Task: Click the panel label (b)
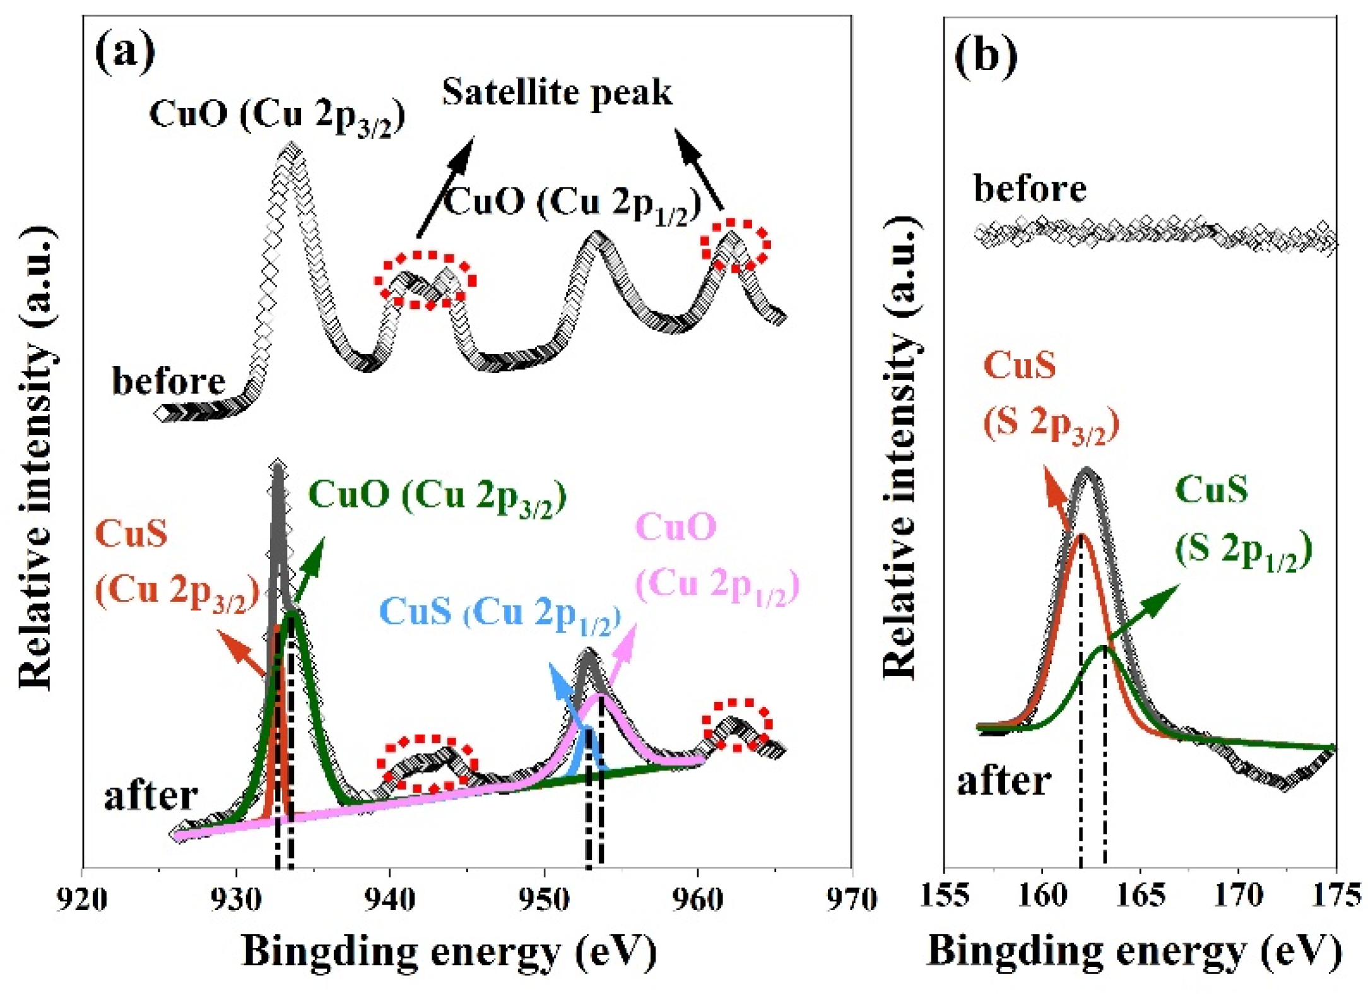986,56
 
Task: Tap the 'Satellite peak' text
557,93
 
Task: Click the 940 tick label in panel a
390,899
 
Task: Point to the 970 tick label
852,899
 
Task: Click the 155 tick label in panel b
945,896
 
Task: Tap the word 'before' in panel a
168,381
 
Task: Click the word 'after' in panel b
1003,781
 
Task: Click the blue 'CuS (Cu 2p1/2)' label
500,612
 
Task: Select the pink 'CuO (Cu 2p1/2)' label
716,555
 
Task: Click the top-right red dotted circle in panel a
736,245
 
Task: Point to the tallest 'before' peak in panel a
291,151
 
